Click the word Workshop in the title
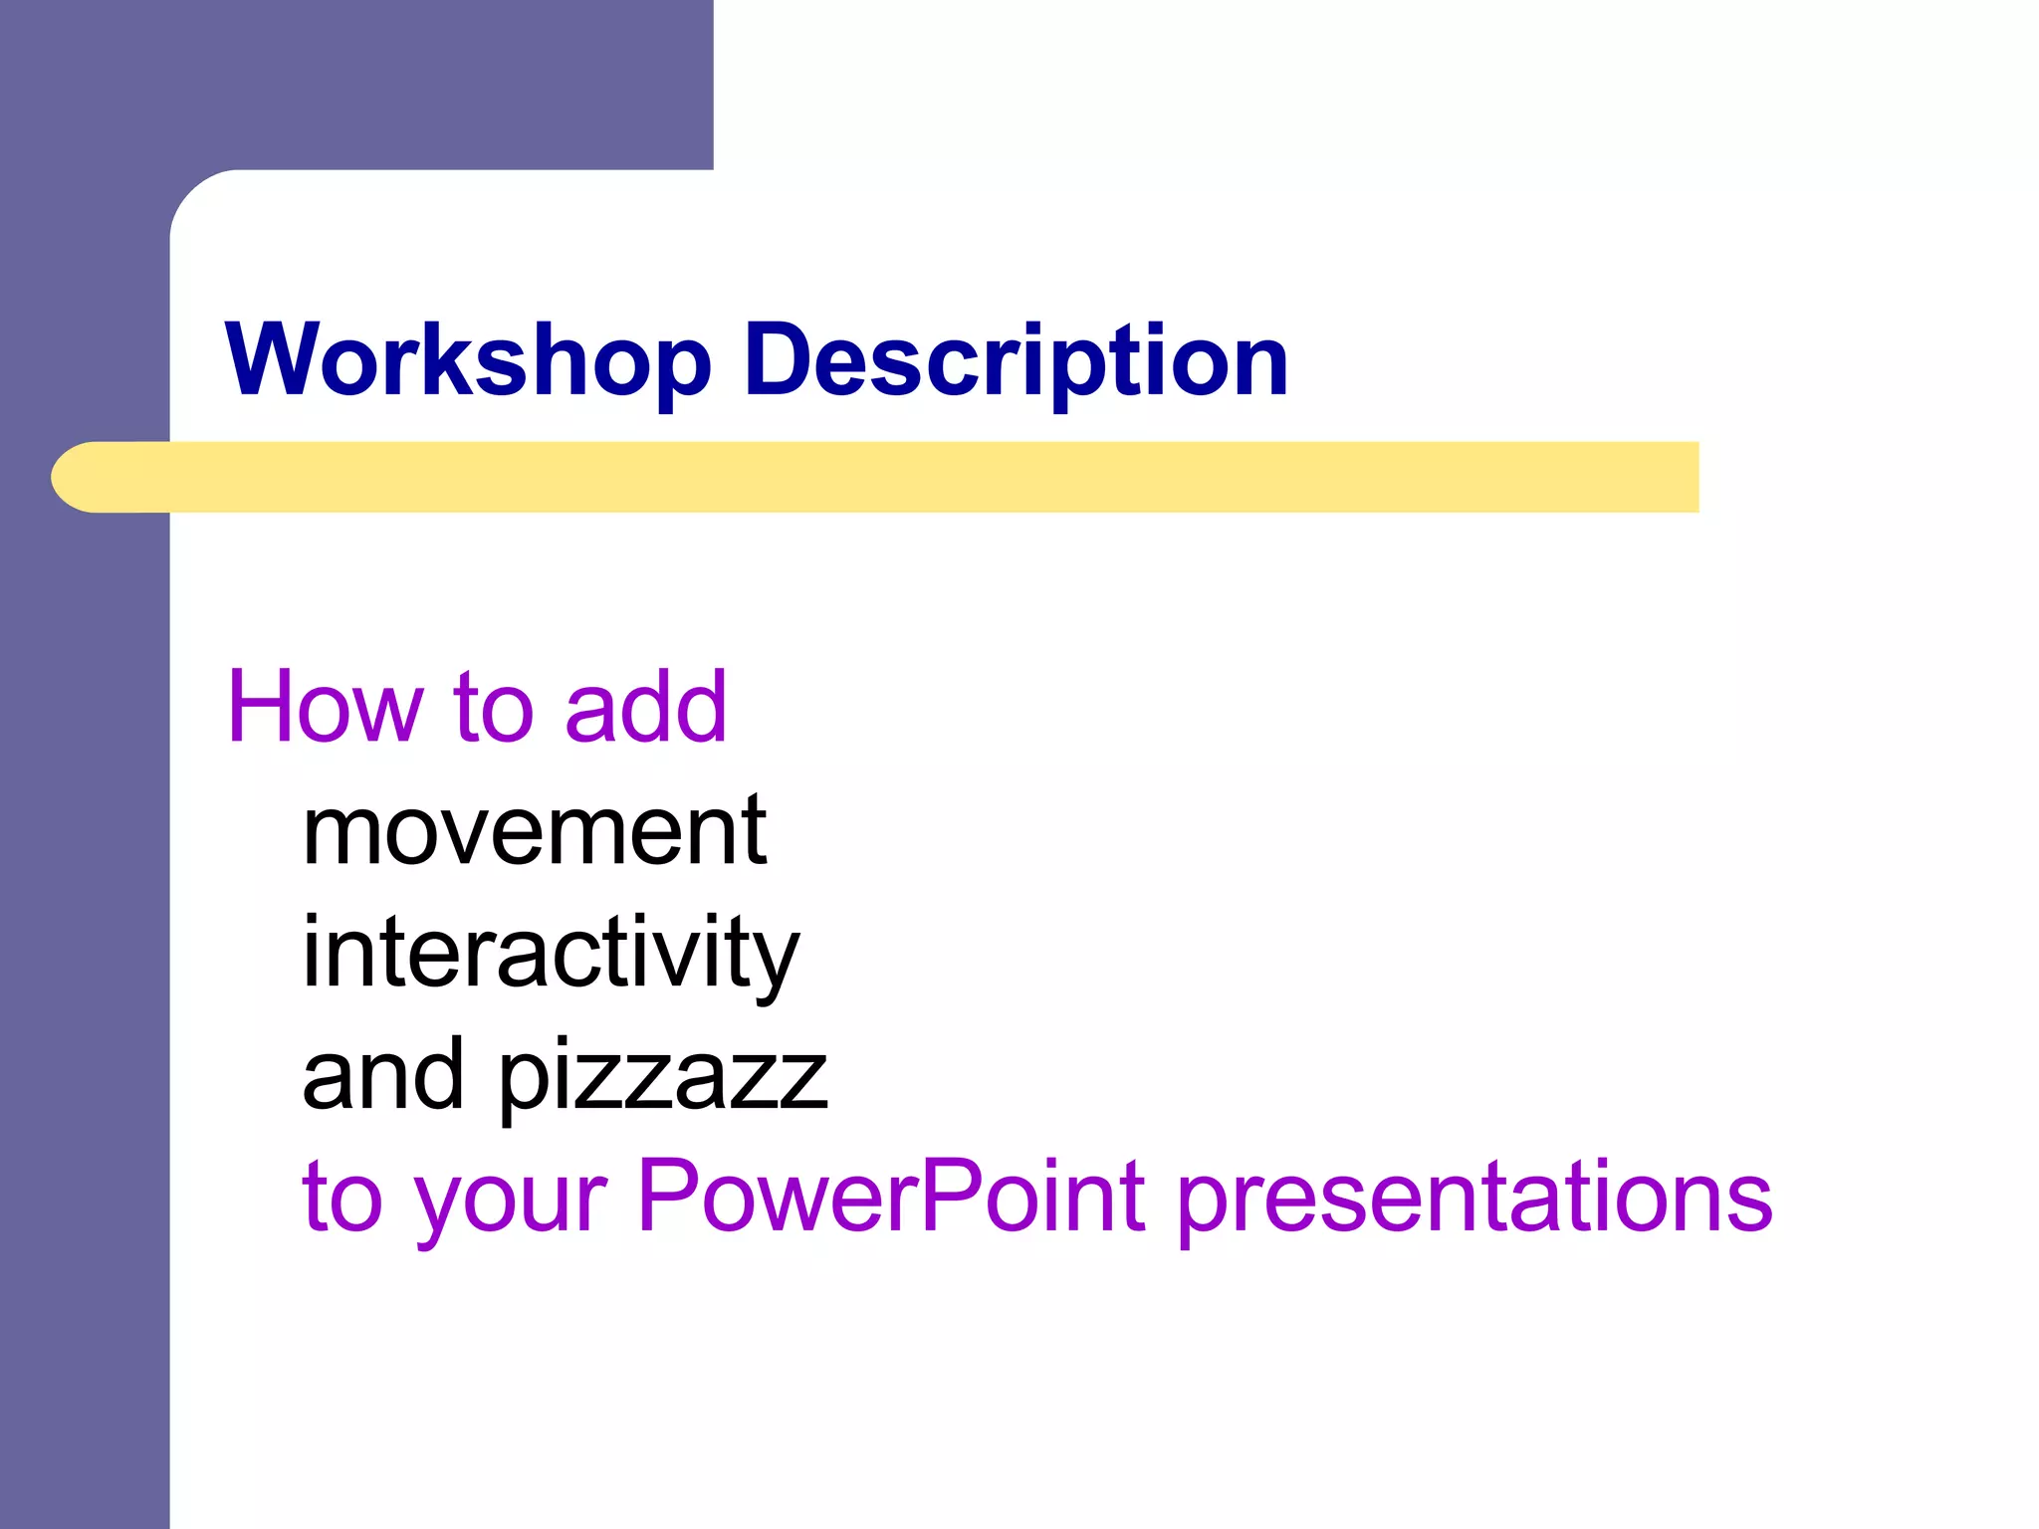point(468,360)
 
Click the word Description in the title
point(1016,360)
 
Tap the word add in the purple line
point(645,707)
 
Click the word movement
point(535,831)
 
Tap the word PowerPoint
point(891,1197)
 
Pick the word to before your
point(341,1199)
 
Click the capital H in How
point(262,707)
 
